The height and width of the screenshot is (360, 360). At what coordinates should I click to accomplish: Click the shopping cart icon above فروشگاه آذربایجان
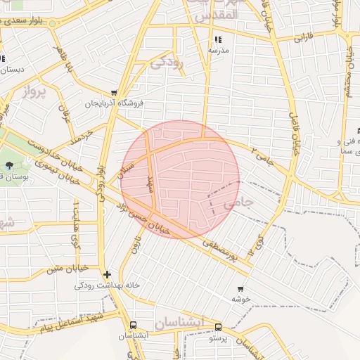point(113,92)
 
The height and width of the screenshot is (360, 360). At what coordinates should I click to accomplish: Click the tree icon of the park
point(8,165)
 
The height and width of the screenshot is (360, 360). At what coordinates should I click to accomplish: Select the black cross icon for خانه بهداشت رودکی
point(106,274)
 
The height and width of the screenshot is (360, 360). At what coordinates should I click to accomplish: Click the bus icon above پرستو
point(218,327)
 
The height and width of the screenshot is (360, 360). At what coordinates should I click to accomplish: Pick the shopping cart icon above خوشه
point(240,288)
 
